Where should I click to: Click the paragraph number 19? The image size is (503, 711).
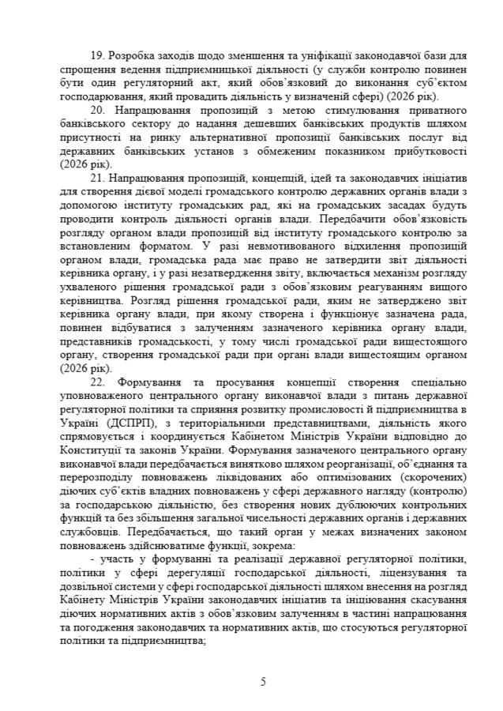point(99,57)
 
